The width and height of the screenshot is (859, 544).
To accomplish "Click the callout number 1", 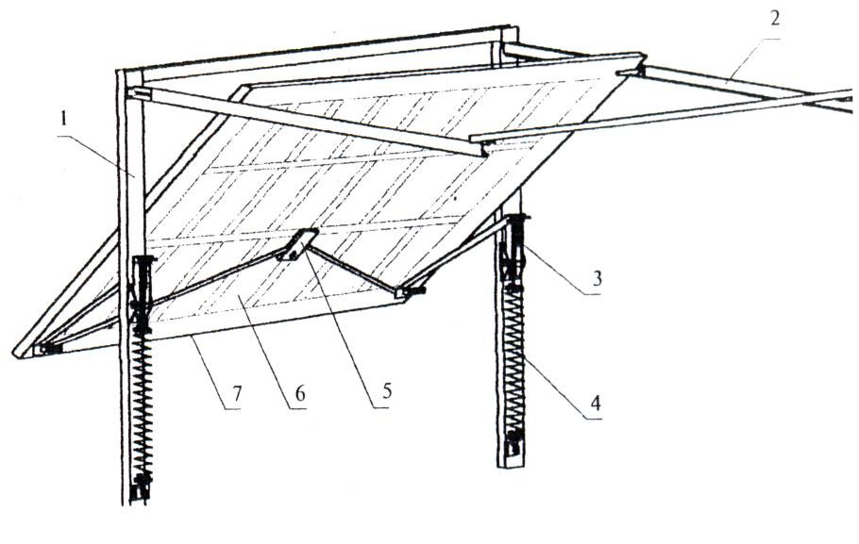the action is pos(64,119).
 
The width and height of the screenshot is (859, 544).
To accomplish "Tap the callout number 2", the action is pos(775,18).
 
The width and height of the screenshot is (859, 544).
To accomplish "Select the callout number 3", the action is pos(598,278).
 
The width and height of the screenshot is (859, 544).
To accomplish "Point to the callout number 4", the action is pos(596,403).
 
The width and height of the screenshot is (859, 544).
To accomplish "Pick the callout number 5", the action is pos(387,390).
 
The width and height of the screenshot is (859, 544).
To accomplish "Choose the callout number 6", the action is pos(299,392).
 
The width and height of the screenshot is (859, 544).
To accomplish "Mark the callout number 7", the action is pos(236,392).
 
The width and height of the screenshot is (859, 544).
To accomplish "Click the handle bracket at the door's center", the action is pos(298,244).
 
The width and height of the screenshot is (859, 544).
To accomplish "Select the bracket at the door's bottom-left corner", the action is pos(48,349).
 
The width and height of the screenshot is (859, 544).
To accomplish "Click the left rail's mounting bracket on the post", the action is pos(138,94).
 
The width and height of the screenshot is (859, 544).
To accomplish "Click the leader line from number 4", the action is pos(552,386).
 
